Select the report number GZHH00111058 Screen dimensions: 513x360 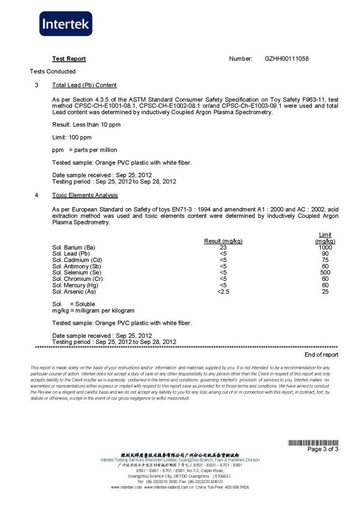tap(287, 59)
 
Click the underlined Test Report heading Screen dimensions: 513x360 tap(69, 59)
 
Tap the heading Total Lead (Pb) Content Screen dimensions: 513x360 tap(84, 85)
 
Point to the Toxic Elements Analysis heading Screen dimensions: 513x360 tap(85, 196)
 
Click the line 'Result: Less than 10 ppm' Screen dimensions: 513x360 tap(86, 125)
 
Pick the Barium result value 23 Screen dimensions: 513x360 tap(223, 248)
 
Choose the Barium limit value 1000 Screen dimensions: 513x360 tap(325, 248)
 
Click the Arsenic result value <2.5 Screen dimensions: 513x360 tap(223, 291)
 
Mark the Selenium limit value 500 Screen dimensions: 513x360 tap(325, 273)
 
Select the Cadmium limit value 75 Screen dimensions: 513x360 tap(325, 260)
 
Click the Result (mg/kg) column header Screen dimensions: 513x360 tap(223, 241)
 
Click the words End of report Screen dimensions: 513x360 tap(321, 355)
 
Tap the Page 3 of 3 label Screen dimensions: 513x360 tap(323, 449)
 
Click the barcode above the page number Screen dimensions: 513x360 tap(313, 442)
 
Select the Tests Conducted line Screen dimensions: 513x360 tap(53, 71)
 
